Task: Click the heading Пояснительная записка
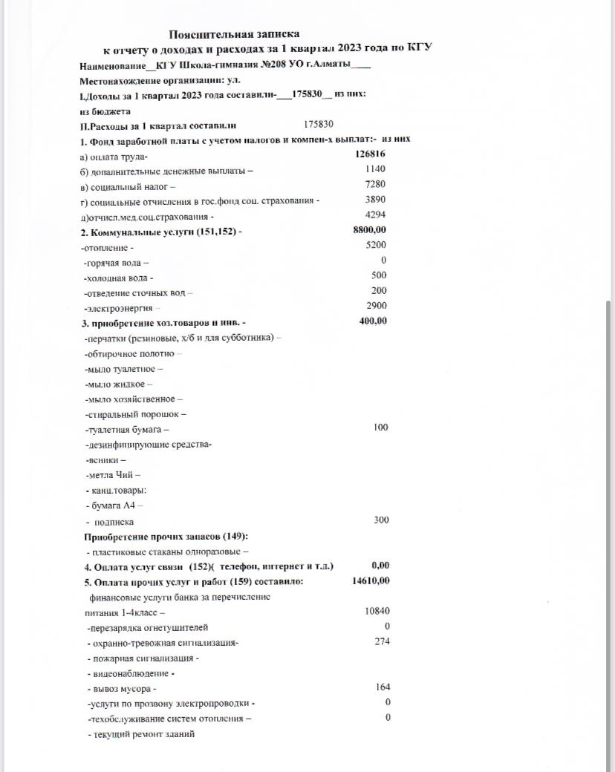click(x=234, y=34)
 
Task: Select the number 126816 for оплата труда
click(x=370, y=154)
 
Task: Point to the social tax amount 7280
click(x=375, y=184)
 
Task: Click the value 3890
click(x=375, y=200)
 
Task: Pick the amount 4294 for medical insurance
click(x=375, y=215)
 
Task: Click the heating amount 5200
click(x=377, y=245)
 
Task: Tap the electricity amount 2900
click(x=377, y=306)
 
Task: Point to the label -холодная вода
click(x=119, y=278)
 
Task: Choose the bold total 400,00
click(x=373, y=321)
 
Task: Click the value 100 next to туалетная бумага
click(x=380, y=428)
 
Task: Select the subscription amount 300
click(x=381, y=520)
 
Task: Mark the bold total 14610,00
click(x=371, y=581)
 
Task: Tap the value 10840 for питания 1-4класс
click(x=377, y=612)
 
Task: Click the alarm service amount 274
click(x=383, y=642)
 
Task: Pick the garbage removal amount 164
click(x=383, y=688)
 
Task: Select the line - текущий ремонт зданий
click(x=141, y=734)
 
